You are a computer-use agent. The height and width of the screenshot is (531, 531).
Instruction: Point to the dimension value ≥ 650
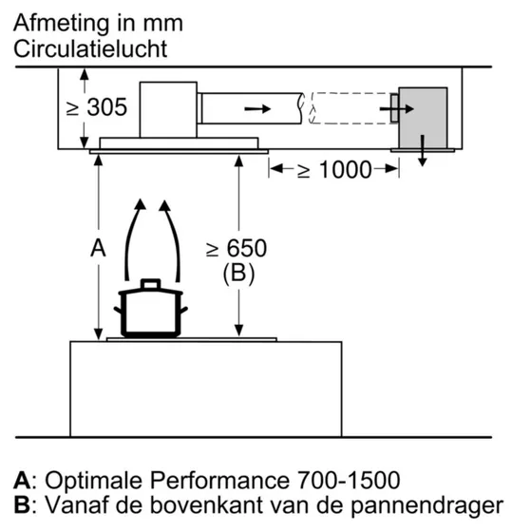pos(237,249)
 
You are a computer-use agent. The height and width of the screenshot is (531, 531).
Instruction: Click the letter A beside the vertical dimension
pos(96,249)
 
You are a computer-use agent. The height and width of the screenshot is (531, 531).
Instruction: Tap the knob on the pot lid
pos(151,282)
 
